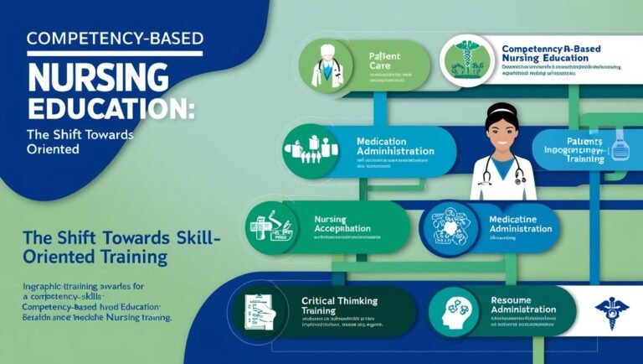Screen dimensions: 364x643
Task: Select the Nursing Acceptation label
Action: point(344,224)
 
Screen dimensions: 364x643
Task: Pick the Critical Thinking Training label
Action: point(340,304)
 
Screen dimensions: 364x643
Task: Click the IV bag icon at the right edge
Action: point(620,145)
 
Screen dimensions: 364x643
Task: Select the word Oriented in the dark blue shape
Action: point(52,149)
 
